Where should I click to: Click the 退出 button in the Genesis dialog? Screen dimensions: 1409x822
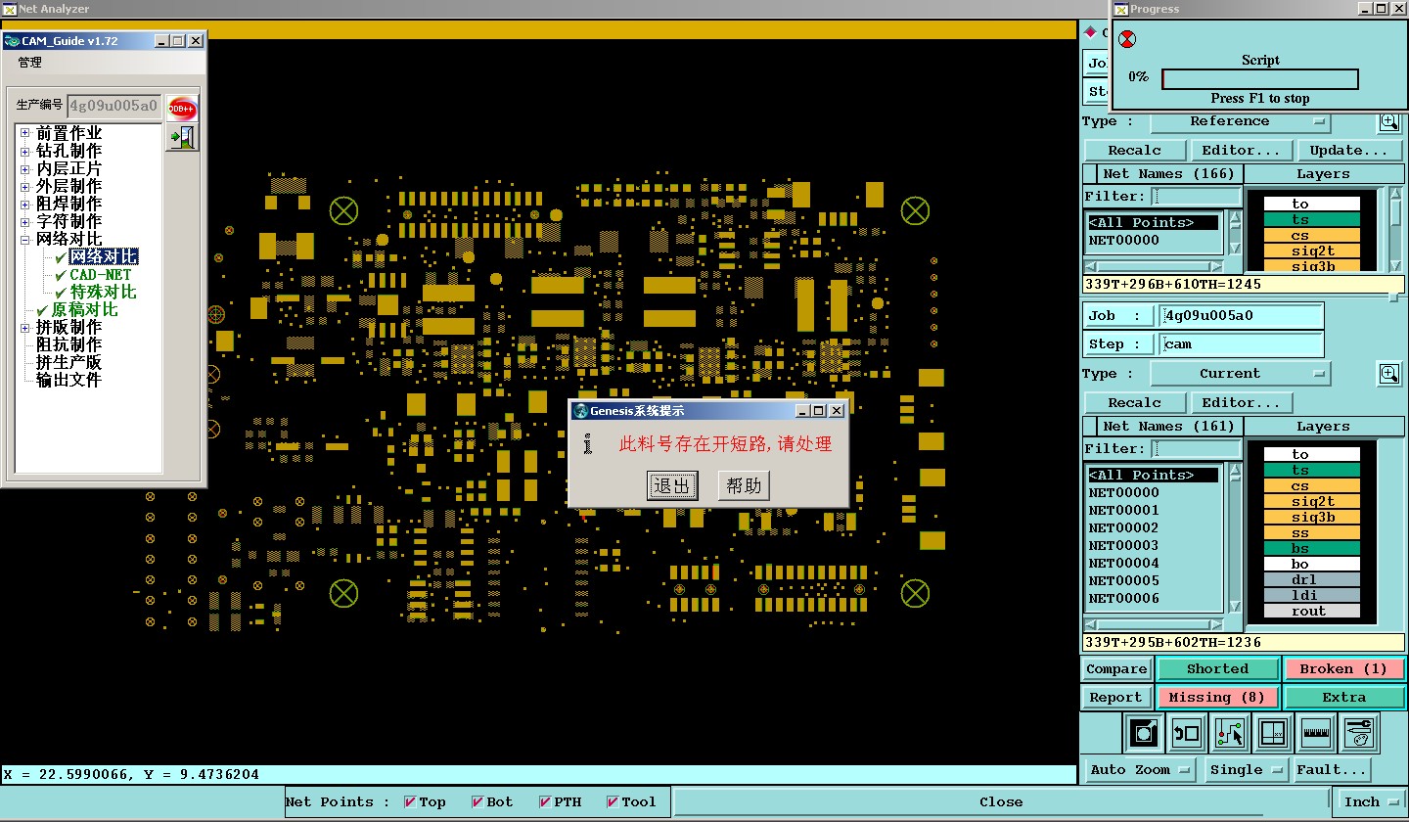point(672,485)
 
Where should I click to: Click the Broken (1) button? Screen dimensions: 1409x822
point(1342,668)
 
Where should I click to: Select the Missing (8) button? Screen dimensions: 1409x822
point(1216,697)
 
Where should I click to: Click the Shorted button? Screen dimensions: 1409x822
point(1217,668)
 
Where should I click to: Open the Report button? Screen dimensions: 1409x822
point(1115,697)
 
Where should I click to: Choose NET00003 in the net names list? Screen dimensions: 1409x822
point(1123,545)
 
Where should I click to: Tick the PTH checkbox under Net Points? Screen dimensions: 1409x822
point(545,801)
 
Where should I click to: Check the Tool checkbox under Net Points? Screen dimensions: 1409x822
point(613,801)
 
